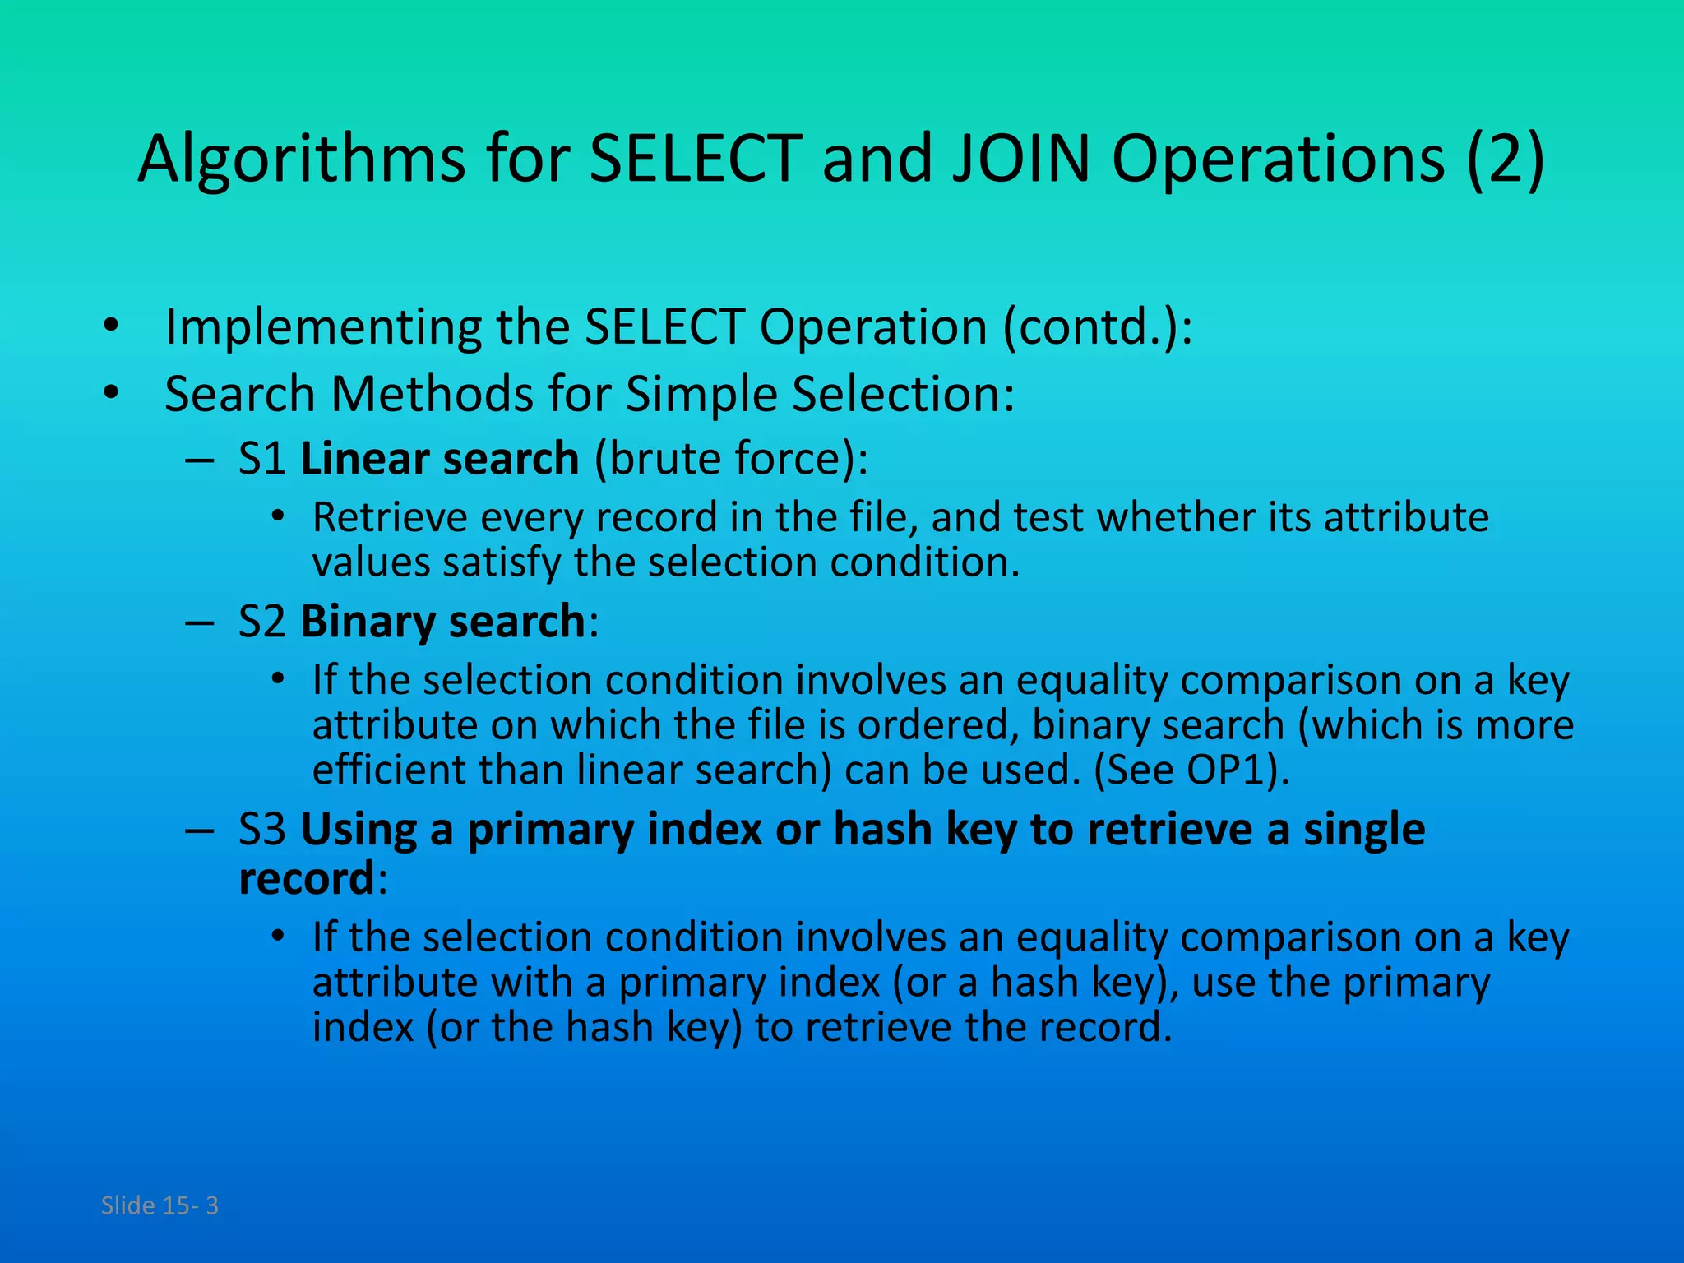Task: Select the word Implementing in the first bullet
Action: [x=323, y=327]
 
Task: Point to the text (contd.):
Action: [x=1097, y=327]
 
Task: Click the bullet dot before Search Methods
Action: [x=112, y=394]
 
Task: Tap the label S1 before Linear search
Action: [x=261, y=459]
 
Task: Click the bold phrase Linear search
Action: [x=439, y=459]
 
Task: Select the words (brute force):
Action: [x=730, y=459]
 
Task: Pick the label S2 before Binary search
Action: [x=261, y=622]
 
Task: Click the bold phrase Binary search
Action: [x=442, y=622]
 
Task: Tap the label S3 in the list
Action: [x=261, y=830]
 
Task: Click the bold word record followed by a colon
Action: [x=307, y=879]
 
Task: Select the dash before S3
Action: [x=199, y=830]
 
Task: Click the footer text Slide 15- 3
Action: [x=160, y=1205]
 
